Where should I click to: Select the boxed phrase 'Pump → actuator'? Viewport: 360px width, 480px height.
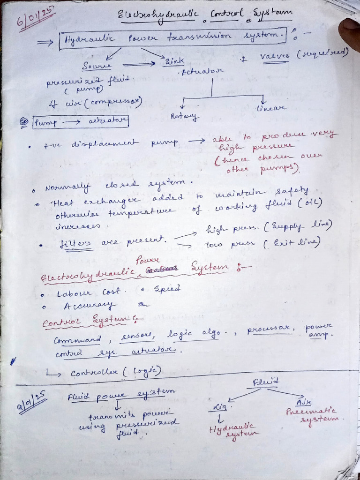(x=81, y=122)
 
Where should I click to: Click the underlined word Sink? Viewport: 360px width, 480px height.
(x=173, y=61)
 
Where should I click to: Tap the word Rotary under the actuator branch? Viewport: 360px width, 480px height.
(x=185, y=116)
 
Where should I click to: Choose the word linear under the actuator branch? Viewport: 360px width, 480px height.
(x=270, y=108)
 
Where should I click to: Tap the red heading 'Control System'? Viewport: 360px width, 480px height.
(x=92, y=321)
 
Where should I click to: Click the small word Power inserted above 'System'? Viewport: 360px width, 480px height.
(x=148, y=259)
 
